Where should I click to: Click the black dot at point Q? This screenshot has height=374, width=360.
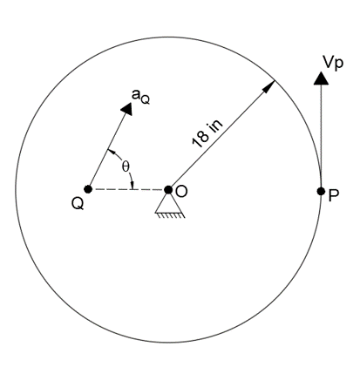coord(88,189)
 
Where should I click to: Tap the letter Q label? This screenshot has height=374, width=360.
coord(78,209)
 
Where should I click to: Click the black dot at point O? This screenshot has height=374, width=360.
coord(168,189)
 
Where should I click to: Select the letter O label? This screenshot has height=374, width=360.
coord(181,191)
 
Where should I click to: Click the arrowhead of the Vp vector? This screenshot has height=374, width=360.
coord(322,78)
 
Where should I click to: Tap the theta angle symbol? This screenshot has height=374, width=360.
coord(125,166)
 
